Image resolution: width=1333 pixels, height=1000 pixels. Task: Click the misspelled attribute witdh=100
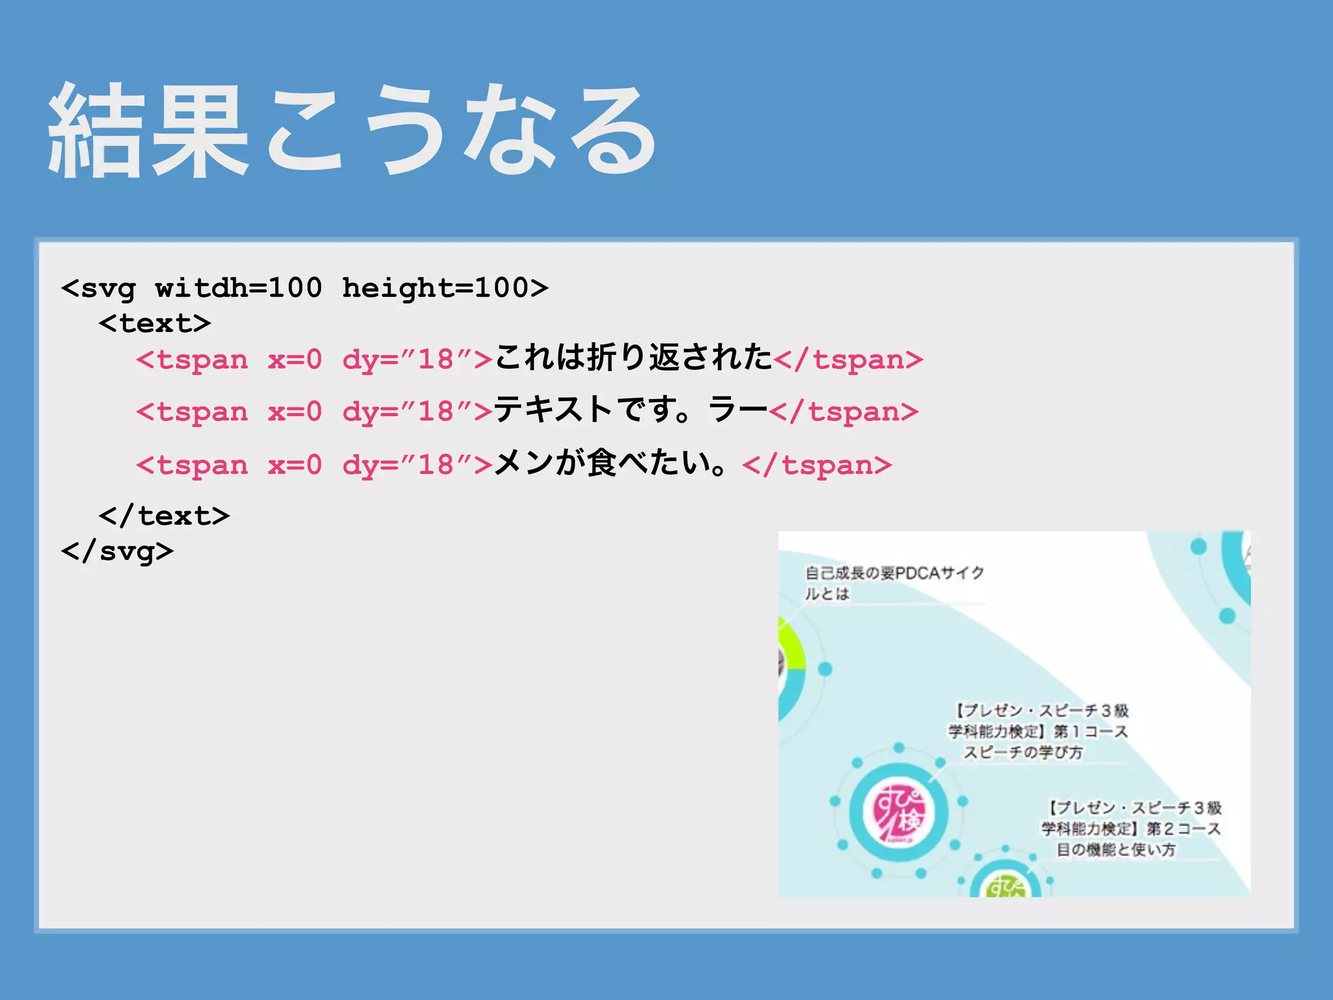[x=238, y=288]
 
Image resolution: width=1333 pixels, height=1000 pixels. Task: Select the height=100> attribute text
[x=445, y=288]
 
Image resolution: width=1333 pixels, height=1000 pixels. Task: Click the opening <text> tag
[x=155, y=324]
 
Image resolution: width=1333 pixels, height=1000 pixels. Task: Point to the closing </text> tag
[x=164, y=516]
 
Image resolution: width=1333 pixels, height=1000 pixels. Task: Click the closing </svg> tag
[x=117, y=551]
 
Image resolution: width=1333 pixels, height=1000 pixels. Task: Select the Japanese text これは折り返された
[x=633, y=357]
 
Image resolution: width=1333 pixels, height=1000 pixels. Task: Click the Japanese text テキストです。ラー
[x=630, y=410]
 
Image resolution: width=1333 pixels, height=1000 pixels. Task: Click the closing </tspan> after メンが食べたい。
[x=817, y=465]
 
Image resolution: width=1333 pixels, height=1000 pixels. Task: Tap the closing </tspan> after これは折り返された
[x=848, y=359]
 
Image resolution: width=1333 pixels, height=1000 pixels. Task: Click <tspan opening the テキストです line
[x=192, y=412]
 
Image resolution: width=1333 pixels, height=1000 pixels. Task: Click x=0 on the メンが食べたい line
[x=295, y=465]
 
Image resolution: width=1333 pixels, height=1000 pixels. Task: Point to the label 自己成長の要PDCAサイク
[x=894, y=573]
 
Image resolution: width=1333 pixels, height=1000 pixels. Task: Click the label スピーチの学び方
[x=1023, y=753]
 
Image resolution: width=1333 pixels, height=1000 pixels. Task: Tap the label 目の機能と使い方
[x=1116, y=850]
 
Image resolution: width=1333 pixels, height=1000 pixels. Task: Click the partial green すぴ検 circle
[x=1006, y=885]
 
